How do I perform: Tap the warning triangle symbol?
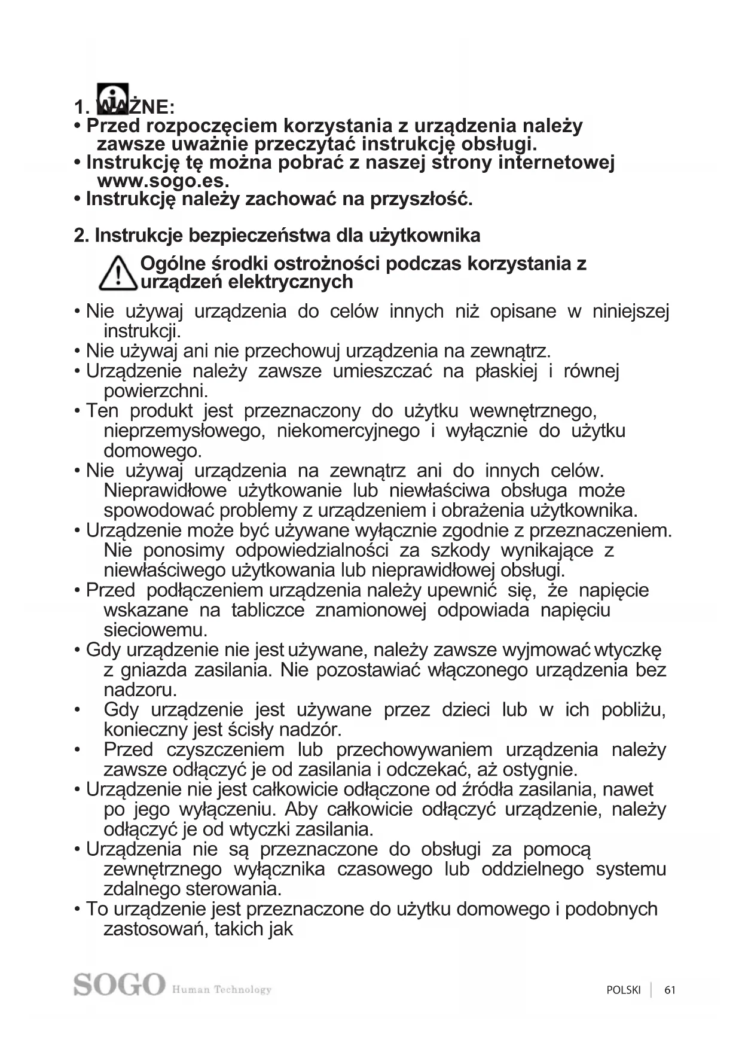pos(118,273)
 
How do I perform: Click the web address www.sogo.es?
pos(163,181)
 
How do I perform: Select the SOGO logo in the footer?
pos(119,984)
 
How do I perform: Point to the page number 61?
pos(670,990)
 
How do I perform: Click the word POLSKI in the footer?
pos(623,990)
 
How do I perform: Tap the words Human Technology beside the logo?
pos(222,990)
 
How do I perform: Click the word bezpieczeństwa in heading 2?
pos(259,236)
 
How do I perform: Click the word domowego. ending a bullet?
pos(152,450)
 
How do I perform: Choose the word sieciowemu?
pos(155,630)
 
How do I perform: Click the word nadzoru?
pos(140,690)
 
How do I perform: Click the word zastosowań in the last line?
pos(154,929)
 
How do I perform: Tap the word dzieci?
pos(466,710)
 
